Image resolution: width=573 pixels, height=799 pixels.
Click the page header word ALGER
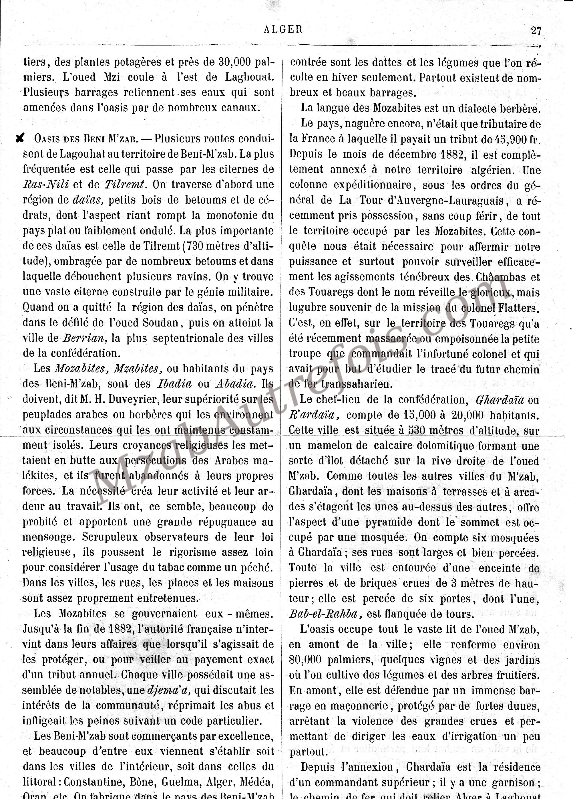click(x=283, y=29)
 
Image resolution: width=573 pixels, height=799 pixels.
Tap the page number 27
click(x=536, y=31)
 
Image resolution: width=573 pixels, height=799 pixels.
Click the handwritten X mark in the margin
click(x=20, y=139)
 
